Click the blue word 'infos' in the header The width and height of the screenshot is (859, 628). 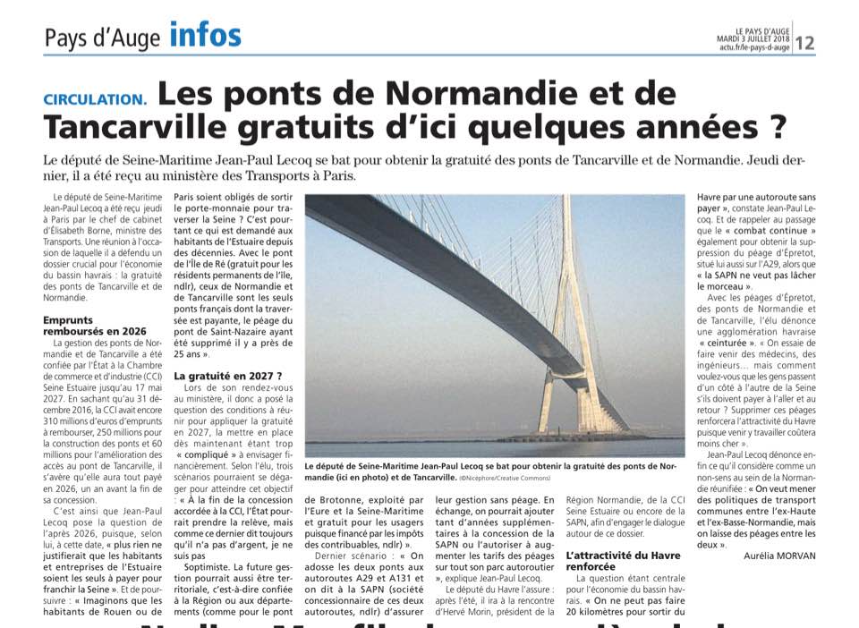pos(205,36)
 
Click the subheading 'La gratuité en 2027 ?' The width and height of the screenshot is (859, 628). pos(228,376)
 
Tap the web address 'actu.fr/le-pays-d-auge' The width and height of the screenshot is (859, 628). pos(753,47)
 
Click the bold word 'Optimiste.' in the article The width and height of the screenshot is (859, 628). pos(213,566)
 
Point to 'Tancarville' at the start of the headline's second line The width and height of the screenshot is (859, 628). pos(151,125)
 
